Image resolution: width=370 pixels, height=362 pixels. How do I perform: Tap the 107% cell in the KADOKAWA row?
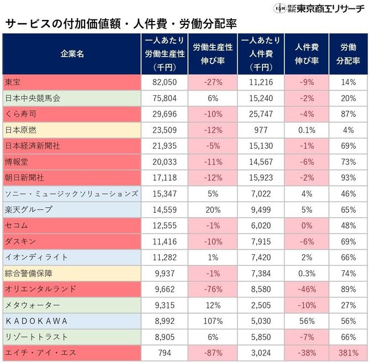tap(213, 321)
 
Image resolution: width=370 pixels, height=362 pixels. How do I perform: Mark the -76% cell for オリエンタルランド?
tap(213, 289)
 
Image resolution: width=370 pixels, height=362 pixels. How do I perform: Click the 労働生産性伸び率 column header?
tap(213, 54)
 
